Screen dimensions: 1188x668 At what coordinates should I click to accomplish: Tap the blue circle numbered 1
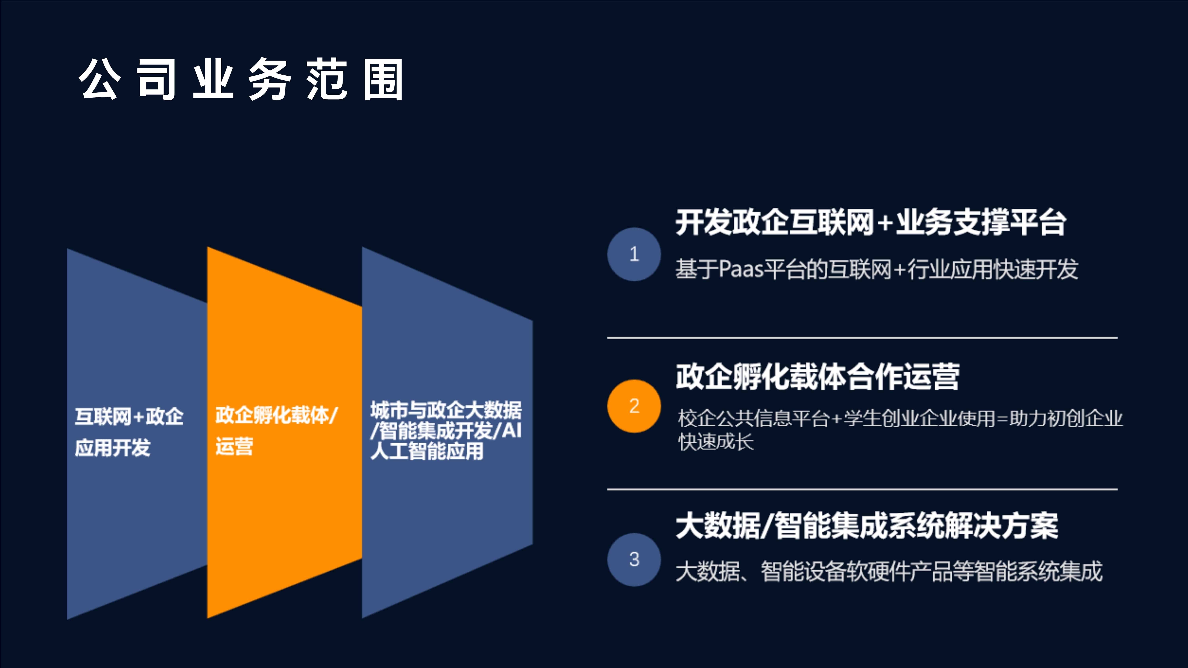tap(634, 254)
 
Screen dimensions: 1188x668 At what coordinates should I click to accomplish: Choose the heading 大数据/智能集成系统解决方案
tap(867, 526)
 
